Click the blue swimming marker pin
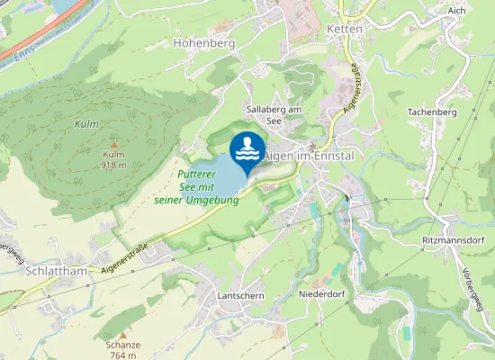coord(247,150)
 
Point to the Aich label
coord(455,8)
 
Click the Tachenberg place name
coord(433,112)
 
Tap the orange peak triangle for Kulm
coord(113,144)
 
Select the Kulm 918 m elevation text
coord(113,160)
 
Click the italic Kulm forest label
coord(86,122)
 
